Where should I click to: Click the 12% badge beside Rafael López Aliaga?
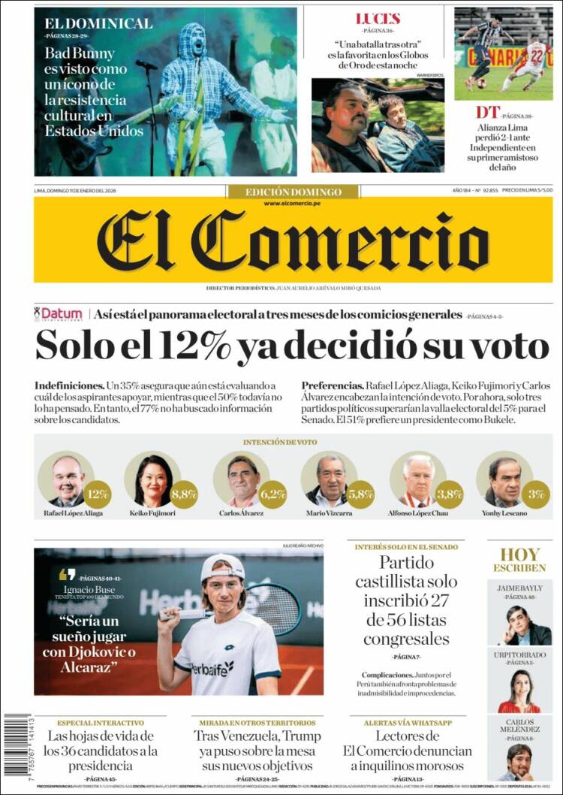point(97,494)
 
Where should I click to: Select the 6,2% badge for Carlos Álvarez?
point(273,494)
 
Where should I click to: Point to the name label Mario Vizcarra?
point(329,514)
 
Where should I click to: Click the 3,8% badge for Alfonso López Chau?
point(449,494)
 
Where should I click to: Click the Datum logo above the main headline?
point(59,314)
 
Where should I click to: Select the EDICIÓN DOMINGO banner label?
point(293,192)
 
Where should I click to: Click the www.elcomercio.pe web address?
point(293,204)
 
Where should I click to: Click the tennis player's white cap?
point(222,567)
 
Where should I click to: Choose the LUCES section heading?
point(378,19)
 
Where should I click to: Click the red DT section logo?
point(487,113)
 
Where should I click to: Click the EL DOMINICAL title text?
point(98,23)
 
